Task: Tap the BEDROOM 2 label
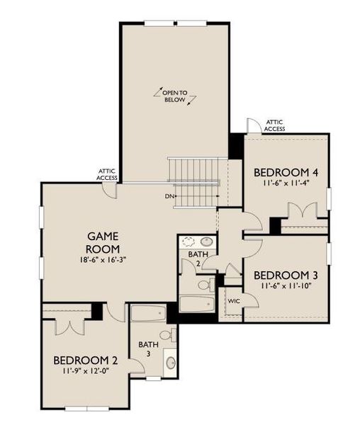86,360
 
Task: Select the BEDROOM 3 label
281,275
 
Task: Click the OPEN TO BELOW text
174,96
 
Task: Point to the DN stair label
169,195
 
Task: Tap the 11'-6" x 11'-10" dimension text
281,286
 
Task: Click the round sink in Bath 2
206,241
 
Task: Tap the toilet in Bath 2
204,285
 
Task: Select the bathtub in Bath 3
147,312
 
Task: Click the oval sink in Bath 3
170,363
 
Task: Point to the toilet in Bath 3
167,334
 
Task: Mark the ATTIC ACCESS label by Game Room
108,174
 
